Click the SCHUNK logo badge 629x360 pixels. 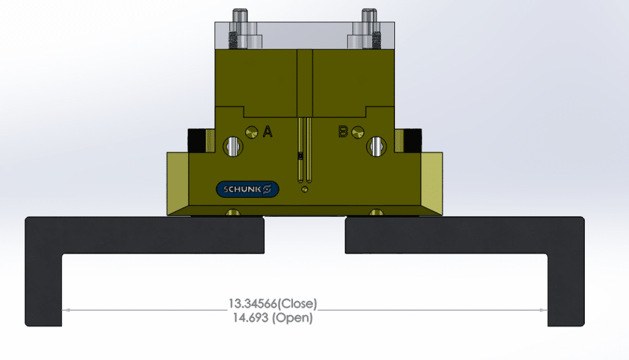[x=248, y=189]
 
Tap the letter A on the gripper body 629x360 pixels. [x=268, y=131]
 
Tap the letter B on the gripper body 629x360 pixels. [x=344, y=131]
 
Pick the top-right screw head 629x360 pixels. [x=369, y=14]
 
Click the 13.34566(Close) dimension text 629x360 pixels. [x=272, y=303]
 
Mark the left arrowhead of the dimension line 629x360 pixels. [x=66, y=310]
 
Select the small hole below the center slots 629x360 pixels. [x=305, y=190]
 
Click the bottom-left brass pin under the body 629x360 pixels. [x=233, y=213]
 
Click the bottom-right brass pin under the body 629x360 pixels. [x=376, y=213]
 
